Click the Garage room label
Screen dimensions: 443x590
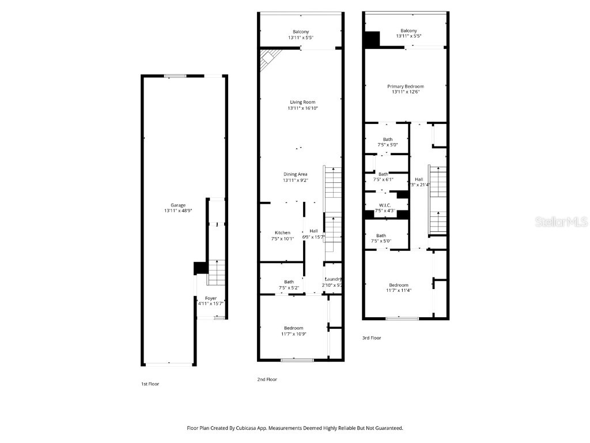click(177, 205)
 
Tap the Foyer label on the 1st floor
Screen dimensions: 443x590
click(211, 298)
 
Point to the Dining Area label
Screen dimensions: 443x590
click(295, 174)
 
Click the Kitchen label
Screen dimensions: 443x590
click(282, 232)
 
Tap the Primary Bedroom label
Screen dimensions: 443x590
click(405, 86)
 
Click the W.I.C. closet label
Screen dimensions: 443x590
click(384, 205)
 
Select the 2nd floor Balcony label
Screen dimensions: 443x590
click(300, 32)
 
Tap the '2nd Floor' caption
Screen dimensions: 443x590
click(267, 379)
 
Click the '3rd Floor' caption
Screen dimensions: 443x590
click(371, 338)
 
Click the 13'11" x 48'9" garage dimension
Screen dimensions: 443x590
click(177, 211)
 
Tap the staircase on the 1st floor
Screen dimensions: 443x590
click(215, 273)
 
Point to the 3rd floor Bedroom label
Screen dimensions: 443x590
click(398, 285)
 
